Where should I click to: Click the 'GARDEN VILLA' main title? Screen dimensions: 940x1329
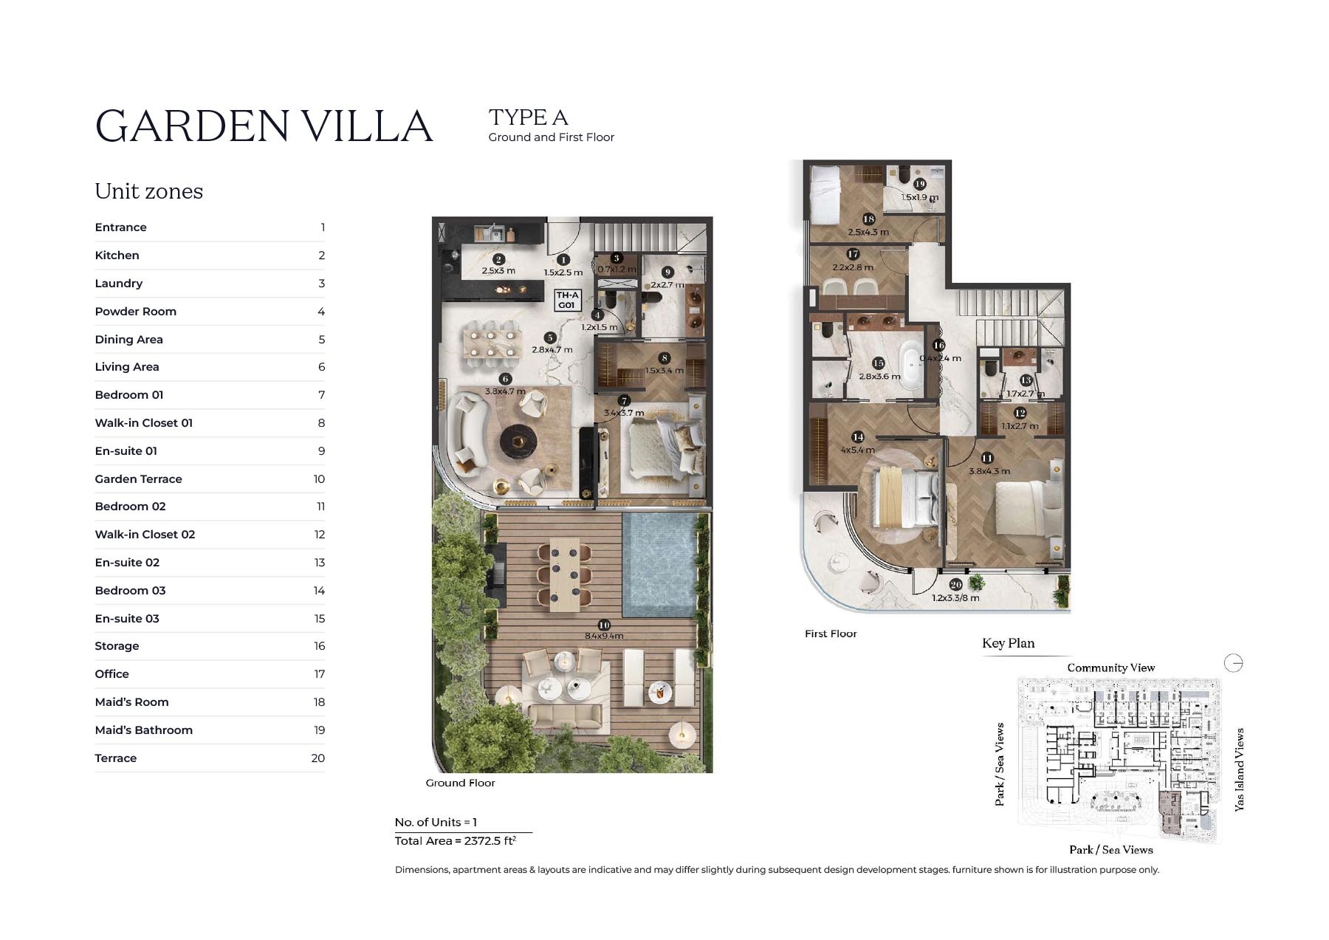click(264, 126)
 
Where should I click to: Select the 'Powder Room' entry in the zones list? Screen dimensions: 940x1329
click(135, 312)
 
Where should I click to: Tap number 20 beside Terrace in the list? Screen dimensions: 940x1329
click(317, 758)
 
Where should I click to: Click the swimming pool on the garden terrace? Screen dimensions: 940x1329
click(658, 564)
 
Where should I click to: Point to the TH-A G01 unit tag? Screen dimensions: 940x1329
click(567, 300)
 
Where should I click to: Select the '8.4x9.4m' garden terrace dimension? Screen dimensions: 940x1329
click(604, 636)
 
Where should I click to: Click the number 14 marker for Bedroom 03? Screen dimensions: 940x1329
click(858, 437)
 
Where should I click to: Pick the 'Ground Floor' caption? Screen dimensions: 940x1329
click(460, 783)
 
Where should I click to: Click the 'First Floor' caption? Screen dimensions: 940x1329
click(831, 634)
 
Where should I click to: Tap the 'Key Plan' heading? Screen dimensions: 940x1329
click(1008, 643)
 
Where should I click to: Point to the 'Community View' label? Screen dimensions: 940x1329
click(1110, 668)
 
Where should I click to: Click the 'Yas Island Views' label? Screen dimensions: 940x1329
click(1240, 769)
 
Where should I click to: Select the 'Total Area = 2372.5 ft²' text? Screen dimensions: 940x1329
click(455, 841)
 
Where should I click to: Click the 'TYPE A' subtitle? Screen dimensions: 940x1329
click(528, 117)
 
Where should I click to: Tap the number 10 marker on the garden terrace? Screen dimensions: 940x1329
click(604, 625)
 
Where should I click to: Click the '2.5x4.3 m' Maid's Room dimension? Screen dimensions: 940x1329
click(868, 233)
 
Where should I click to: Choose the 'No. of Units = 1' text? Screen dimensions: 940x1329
click(436, 823)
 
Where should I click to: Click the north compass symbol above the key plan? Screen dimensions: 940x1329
click(1233, 663)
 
